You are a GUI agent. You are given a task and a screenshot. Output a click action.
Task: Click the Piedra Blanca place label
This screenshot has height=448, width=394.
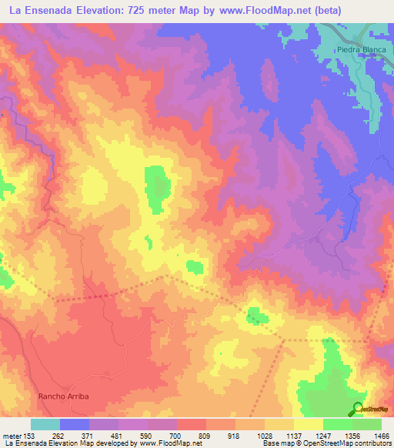(360, 49)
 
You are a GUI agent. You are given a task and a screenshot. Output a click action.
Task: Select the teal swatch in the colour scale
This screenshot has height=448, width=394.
(45, 424)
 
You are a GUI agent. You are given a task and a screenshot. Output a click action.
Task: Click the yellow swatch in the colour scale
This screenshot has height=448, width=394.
(309, 424)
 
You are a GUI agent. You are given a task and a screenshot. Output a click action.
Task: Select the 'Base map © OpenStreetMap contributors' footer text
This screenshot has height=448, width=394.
(326, 443)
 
